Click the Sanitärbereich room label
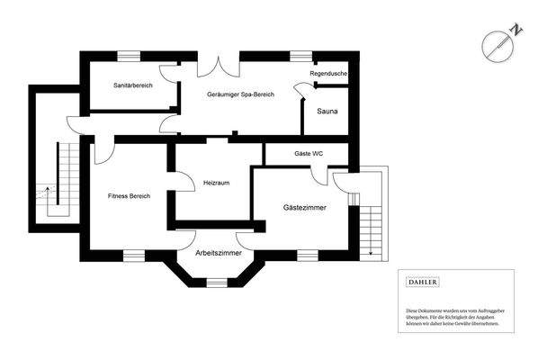pyautogui.click(x=132, y=85)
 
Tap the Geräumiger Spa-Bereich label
pyautogui.click(x=240, y=94)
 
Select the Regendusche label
pyautogui.click(x=328, y=73)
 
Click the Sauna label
pyautogui.click(x=327, y=112)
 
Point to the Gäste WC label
pyautogui.click(x=309, y=154)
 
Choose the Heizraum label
pyautogui.click(x=217, y=183)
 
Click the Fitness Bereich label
pyautogui.click(x=129, y=195)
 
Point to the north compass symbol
pyautogui.click(x=496, y=45)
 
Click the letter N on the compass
pyautogui.click(x=516, y=30)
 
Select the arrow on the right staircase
pyautogui.click(x=370, y=252)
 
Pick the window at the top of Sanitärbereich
pyautogui.click(x=128, y=55)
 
